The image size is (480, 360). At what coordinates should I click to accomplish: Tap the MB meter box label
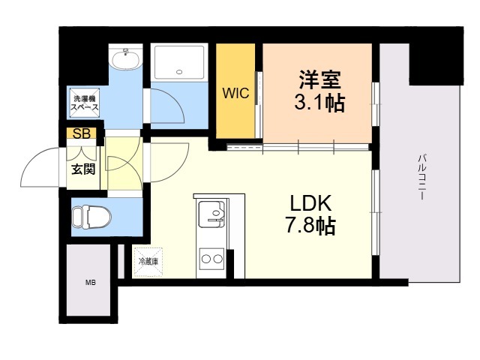90,283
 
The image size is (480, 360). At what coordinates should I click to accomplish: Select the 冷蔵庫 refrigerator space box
148,262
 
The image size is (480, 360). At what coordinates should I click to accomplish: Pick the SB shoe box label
80,133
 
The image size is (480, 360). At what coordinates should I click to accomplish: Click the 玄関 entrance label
82,169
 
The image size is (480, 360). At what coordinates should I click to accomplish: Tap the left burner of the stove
206,260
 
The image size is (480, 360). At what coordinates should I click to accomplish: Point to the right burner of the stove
218,260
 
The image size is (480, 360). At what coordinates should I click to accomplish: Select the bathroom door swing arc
166,105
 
